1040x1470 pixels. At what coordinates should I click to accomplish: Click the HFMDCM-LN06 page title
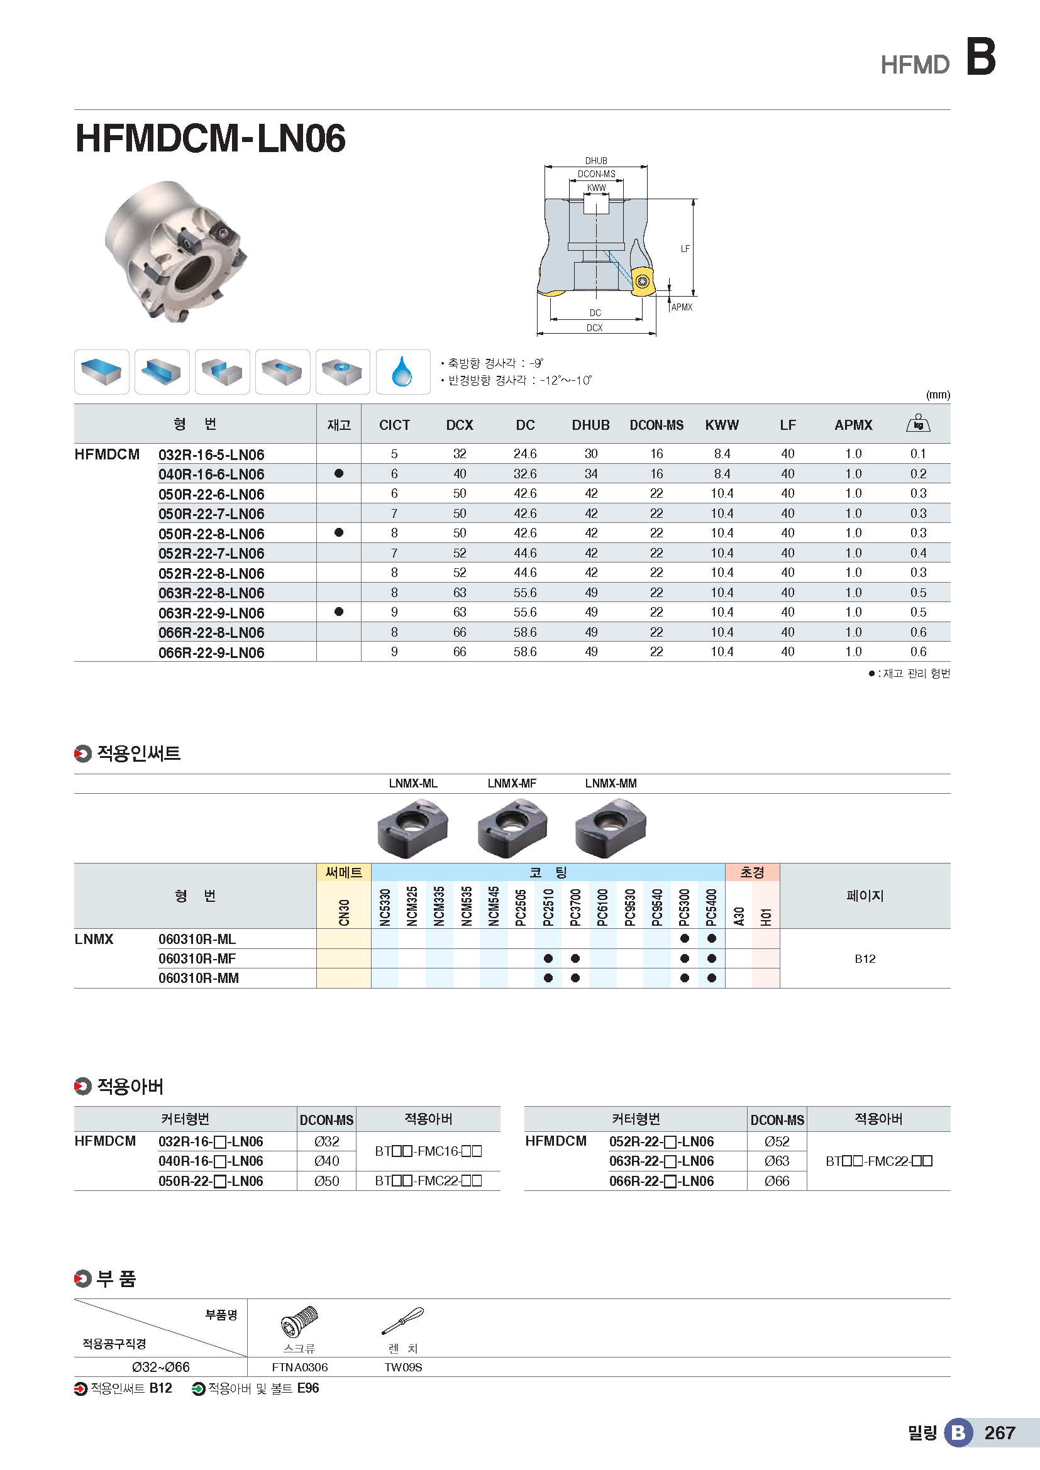[x=210, y=138]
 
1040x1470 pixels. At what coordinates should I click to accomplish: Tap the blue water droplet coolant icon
[x=402, y=372]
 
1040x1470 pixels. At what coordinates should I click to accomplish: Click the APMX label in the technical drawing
[x=682, y=307]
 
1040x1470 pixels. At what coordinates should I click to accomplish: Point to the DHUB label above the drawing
[x=595, y=161]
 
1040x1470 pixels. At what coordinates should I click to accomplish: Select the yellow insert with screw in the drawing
[x=643, y=281]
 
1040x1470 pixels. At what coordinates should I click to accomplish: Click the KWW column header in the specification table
[x=722, y=425]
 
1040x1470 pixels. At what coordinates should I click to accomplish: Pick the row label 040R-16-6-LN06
[x=211, y=474]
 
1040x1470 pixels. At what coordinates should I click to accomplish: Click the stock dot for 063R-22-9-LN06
[x=339, y=612]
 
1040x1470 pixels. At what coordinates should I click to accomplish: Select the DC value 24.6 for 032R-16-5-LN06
[x=524, y=454]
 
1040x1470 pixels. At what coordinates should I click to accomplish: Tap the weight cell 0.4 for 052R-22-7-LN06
[x=917, y=553]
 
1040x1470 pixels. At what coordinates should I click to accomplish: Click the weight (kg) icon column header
[x=917, y=424]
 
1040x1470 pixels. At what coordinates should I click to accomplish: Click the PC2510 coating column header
[x=548, y=907]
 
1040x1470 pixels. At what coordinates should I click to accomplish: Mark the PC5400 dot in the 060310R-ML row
[x=712, y=938]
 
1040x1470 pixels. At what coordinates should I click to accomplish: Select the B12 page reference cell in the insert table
[x=865, y=958]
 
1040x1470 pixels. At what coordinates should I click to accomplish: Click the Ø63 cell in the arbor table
[x=776, y=1161]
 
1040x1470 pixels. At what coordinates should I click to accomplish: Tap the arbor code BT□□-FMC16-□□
[x=428, y=1151]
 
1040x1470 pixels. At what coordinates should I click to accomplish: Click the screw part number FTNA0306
[x=300, y=1368]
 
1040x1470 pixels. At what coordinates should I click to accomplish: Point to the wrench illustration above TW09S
[x=403, y=1321]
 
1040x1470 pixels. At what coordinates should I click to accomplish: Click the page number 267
[x=999, y=1433]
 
